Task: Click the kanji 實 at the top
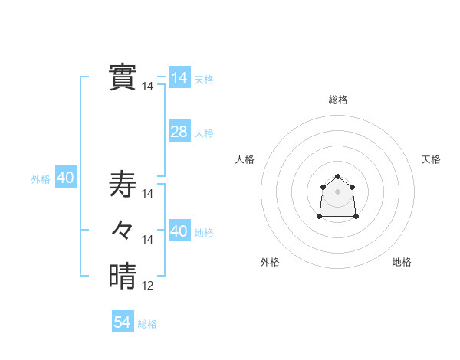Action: [123, 77]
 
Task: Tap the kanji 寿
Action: [123, 184]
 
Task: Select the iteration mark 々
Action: [123, 229]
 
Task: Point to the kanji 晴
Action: [123, 276]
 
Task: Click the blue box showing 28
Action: [179, 132]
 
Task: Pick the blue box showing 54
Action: [123, 322]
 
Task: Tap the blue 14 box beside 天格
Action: [179, 78]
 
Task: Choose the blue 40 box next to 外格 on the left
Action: [65, 178]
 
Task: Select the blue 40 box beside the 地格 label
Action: [179, 231]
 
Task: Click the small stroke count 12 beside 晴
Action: [147, 286]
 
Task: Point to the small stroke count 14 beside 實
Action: [147, 87]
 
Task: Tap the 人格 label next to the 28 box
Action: [204, 133]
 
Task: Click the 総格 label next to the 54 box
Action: [147, 324]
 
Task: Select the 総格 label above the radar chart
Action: [338, 100]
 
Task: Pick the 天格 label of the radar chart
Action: [431, 159]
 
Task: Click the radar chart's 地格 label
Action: [402, 262]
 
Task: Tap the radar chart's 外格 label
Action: [270, 262]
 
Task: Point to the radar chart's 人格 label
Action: [245, 159]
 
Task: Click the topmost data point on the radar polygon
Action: [338, 178]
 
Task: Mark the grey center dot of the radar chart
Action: [338, 191]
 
